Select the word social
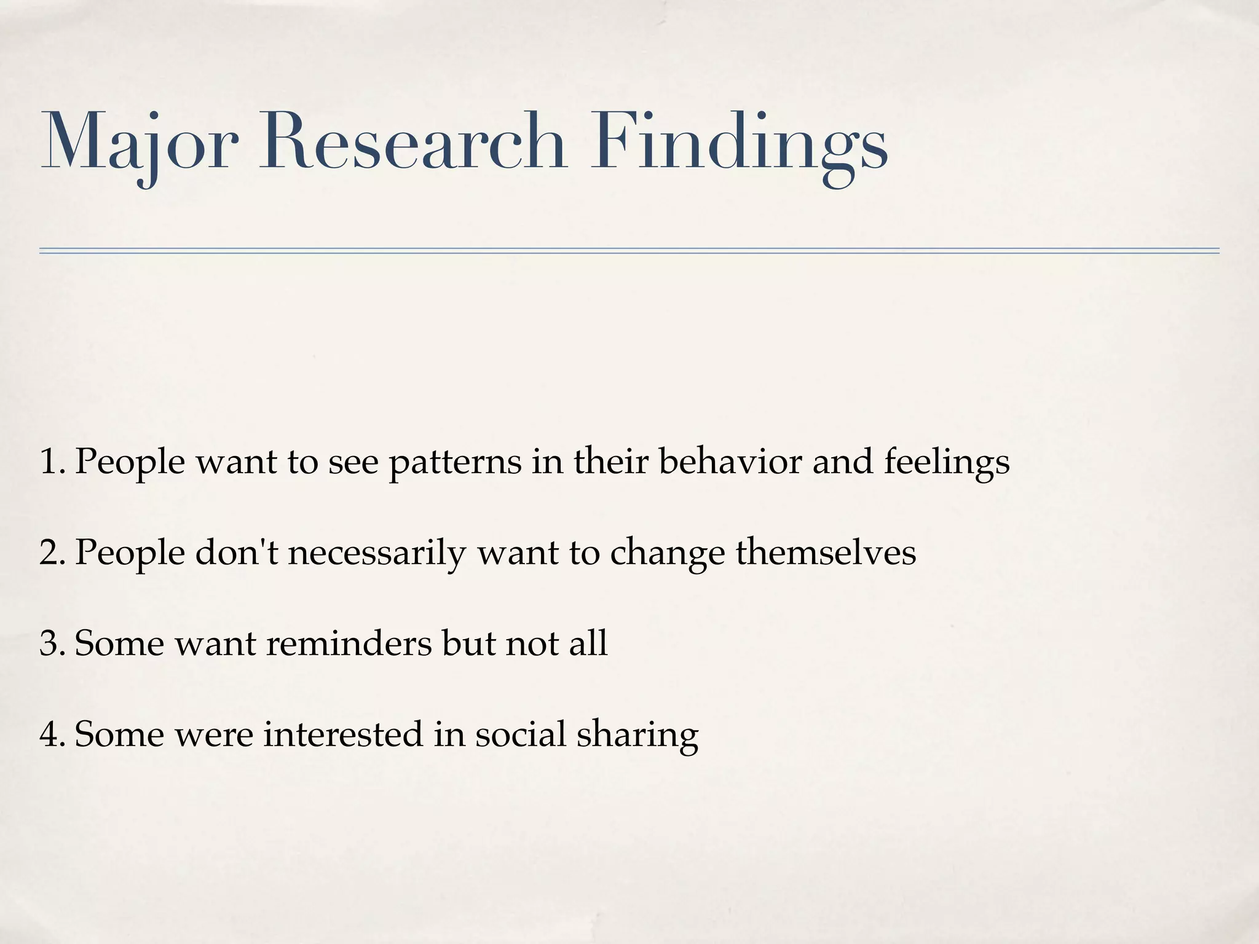(520, 734)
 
